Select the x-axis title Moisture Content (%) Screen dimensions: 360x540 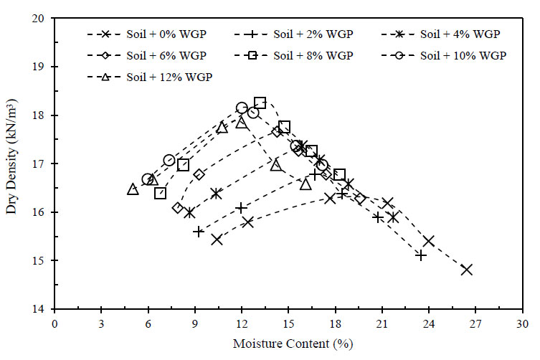click(x=293, y=344)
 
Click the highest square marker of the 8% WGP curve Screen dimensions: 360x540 click(x=260, y=103)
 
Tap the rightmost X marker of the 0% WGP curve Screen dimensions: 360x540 click(x=467, y=270)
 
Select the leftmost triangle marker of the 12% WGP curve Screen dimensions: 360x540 click(x=133, y=189)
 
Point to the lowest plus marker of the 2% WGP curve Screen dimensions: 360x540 click(x=421, y=255)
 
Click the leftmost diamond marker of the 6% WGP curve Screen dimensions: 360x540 click(x=178, y=208)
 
